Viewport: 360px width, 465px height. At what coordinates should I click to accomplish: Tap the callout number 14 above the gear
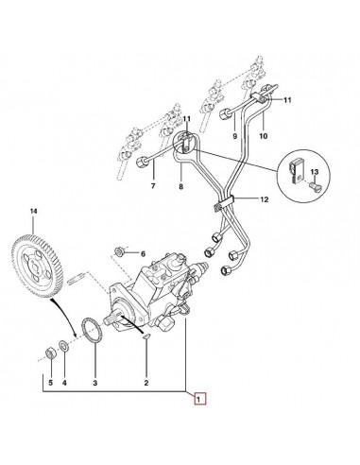tap(33, 211)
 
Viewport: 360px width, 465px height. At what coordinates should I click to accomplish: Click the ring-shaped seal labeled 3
tap(92, 331)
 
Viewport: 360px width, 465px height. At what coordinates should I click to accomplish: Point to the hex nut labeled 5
tap(50, 353)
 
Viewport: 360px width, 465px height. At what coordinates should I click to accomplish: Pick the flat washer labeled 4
tap(64, 346)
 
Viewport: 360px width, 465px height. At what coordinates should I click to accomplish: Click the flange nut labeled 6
tap(119, 251)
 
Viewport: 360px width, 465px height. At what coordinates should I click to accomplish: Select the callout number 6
tap(143, 253)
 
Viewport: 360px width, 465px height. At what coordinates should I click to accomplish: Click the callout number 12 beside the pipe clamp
tap(265, 199)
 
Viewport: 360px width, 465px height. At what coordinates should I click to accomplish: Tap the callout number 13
tap(315, 172)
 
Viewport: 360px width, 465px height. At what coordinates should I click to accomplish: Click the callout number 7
tap(153, 186)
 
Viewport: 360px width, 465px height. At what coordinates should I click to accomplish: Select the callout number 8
tap(180, 187)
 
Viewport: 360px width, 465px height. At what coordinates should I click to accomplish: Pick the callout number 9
tap(234, 136)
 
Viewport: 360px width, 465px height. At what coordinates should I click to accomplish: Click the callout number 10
tap(264, 136)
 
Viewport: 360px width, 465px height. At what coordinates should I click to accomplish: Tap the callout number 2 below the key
tap(146, 383)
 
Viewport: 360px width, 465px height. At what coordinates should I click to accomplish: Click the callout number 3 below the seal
tap(95, 383)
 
